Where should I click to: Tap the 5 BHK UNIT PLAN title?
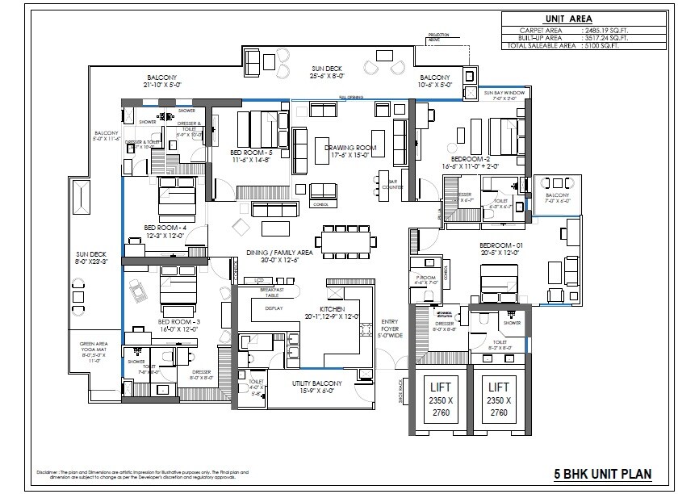tap(602, 474)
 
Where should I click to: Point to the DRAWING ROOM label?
tap(350, 148)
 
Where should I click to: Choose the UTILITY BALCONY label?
tap(316, 383)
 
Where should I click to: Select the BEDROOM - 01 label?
tap(502, 245)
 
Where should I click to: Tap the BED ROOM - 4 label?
tap(165, 228)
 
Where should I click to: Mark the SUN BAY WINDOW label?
tap(504, 94)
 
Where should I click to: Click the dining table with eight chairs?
tap(348, 240)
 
